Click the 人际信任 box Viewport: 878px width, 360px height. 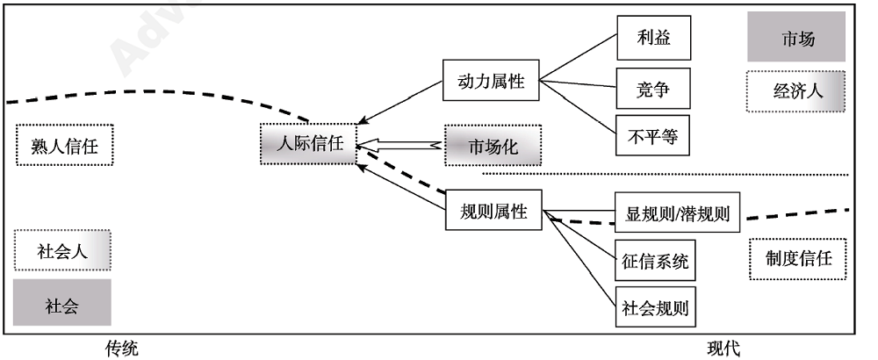pos(308,144)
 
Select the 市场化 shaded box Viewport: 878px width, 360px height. pos(493,146)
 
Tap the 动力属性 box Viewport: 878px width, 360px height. pos(491,82)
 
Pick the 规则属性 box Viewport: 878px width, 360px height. pos(493,211)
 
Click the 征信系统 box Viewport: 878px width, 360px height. pos(654,260)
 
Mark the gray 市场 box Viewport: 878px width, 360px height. pos(797,38)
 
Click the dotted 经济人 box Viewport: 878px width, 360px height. pos(797,90)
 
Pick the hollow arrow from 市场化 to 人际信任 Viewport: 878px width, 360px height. pos(399,145)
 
